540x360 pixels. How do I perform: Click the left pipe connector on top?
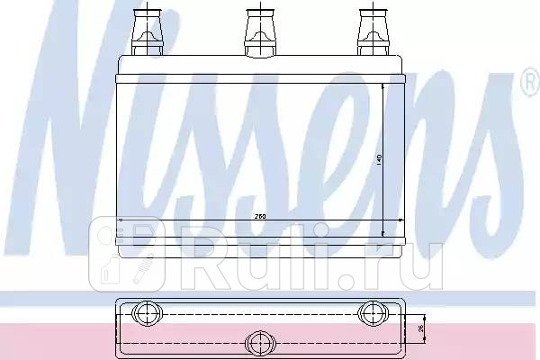pyautogui.click(x=146, y=30)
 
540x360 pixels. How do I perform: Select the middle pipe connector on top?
pyautogui.click(x=258, y=30)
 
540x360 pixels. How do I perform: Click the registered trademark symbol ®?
pyautogui.click(x=528, y=85)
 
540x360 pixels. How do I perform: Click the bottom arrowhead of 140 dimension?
pyautogui.click(x=384, y=229)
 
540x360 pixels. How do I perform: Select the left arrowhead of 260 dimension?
pyautogui.click(x=121, y=219)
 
